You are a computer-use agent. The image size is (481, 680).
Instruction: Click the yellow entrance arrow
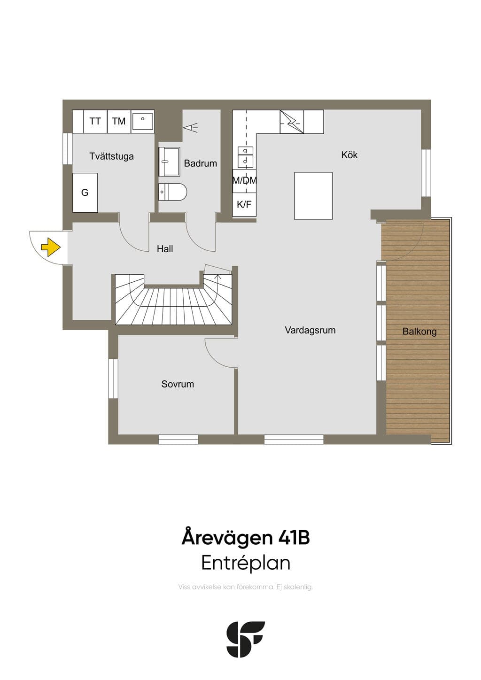(51, 247)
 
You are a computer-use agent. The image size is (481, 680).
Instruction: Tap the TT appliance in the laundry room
(95, 121)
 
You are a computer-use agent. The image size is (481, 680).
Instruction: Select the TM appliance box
(119, 121)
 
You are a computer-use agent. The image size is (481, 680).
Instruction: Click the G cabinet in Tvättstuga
(85, 193)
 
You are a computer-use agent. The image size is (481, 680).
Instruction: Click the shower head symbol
(190, 128)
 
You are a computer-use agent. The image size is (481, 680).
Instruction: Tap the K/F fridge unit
(244, 205)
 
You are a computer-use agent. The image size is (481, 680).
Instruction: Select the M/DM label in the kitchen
(244, 181)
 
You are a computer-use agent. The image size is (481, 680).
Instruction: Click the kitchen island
(313, 196)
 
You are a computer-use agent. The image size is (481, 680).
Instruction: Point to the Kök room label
(349, 155)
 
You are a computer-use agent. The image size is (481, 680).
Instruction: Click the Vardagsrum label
(310, 330)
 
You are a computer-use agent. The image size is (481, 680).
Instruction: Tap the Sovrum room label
(178, 384)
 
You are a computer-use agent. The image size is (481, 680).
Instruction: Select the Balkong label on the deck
(419, 332)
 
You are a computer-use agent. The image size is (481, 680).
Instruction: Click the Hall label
(165, 249)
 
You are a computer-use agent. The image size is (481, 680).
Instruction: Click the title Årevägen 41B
(246, 538)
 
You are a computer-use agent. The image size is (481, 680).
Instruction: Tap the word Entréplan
(246, 563)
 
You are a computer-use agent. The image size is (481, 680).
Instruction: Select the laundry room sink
(143, 121)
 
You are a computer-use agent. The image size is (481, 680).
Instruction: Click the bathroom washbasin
(170, 162)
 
